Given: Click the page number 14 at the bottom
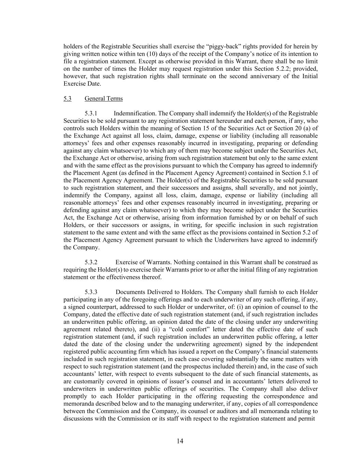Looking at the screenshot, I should pos(180,441).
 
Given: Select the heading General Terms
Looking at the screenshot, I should pos(103,99).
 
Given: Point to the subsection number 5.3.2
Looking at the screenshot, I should pos(91,262).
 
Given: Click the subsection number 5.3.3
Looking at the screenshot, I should pos(91,292).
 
